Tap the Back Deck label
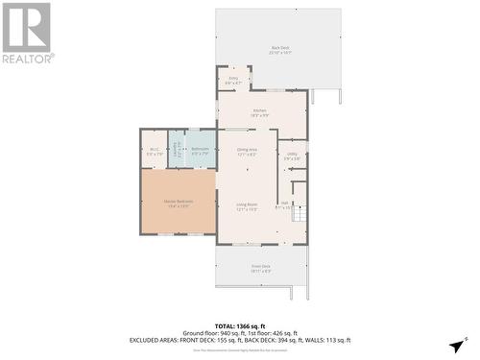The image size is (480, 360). click(279, 49)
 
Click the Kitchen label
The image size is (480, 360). click(259, 112)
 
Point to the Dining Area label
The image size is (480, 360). click(246, 151)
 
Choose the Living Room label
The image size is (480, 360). click(247, 205)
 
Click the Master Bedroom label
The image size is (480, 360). click(178, 203)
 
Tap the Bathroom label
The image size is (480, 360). click(201, 150)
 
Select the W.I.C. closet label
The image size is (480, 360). click(155, 150)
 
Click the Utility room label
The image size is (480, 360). click(292, 155)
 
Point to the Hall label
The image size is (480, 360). click(284, 204)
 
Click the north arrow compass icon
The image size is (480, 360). click(457, 345)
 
